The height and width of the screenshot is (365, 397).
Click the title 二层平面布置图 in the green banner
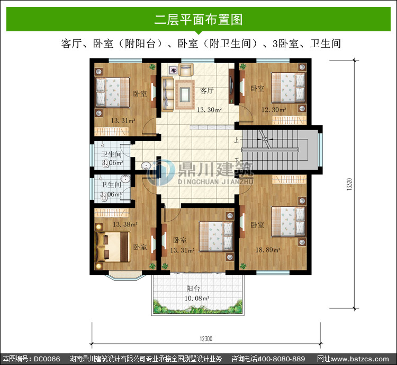(198, 19)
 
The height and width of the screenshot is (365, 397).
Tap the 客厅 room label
(207, 91)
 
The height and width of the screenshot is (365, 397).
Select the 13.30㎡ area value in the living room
(210, 110)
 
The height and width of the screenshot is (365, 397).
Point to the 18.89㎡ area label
(268, 250)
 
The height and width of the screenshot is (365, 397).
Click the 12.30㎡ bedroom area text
(274, 110)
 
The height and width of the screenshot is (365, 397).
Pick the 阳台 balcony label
(193, 289)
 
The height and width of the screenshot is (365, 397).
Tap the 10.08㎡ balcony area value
(197, 298)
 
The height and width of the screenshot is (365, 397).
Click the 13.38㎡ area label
(125, 224)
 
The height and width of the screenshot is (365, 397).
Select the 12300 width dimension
(206, 338)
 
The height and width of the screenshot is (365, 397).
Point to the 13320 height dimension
(349, 184)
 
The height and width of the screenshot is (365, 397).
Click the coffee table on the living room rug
(185, 94)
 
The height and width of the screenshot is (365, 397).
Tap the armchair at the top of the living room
(186, 69)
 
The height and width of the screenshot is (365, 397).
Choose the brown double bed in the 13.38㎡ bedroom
(113, 247)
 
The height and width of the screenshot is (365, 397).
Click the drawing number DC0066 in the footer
(47, 359)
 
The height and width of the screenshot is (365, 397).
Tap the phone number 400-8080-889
(281, 359)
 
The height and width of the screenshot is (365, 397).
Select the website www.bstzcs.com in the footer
(360, 359)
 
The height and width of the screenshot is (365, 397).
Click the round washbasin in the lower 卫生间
(125, 179)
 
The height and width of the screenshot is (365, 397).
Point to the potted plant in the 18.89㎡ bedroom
(243, 266)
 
